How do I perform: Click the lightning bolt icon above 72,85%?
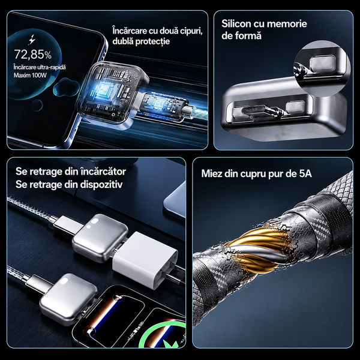click(x=32, y=39)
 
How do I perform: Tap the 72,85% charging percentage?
click(x=33, y=55)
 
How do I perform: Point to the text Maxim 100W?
click(x=30, y=76)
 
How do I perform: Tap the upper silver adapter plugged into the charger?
click(x=100, y=238)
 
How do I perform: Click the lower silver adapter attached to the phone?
click(x=68, y=298)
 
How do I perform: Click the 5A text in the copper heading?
click(x=305, y=173)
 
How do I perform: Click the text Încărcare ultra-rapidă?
click(x=40, y=67)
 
